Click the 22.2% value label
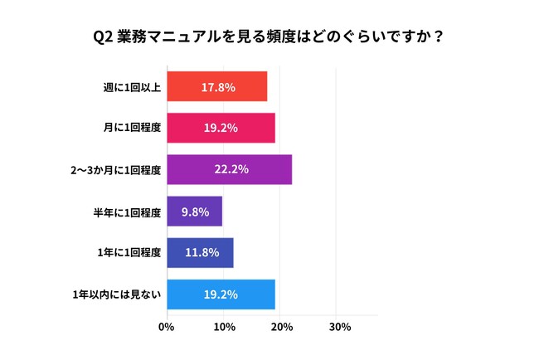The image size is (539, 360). tap(231, 169)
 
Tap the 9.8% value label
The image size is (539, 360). tap(196, 211)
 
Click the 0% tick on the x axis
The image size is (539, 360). tap(167, 327)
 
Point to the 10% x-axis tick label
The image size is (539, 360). tap(224, 327)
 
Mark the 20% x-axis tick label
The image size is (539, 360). tap(282, 327)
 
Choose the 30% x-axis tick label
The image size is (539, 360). tap(339, 327)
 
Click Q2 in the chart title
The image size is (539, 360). tap(103, 37)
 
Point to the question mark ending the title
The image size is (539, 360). tap(436, 37)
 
